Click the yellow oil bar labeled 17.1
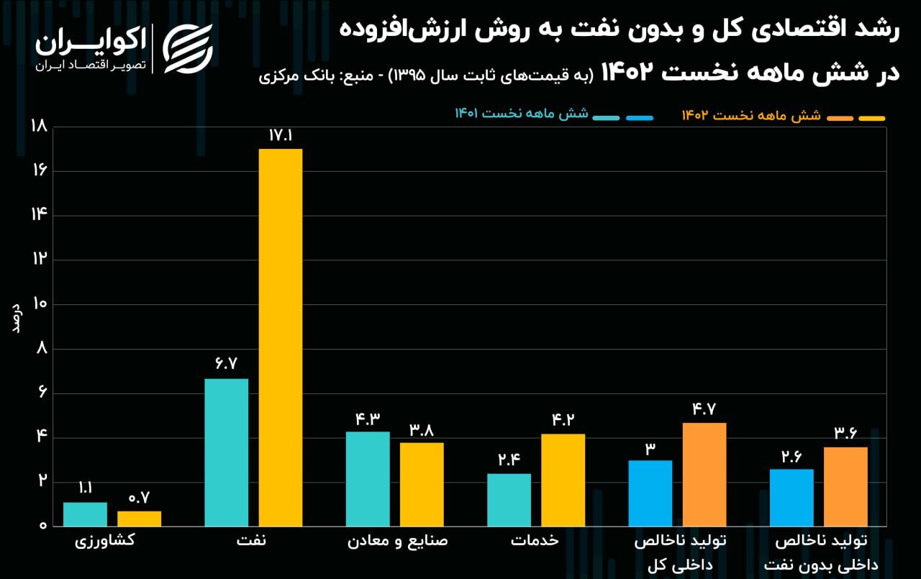click(x=281, y=337)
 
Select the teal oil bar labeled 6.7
click(x=227, y=452)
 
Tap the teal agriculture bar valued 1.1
click(x=85, y=514)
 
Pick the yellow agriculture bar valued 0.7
click(x=140, y=518)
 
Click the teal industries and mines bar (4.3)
click(x=368, y=478)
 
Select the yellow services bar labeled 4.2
click(x=563, y=479)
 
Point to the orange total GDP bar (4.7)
click(x=704, y=474)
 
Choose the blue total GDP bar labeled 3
click(x=650, y=493)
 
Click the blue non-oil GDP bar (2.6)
click(x=791, y=497)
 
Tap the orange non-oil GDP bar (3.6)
click(x=845, y=486)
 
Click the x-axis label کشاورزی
click(x=105, y=541)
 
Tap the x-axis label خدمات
click(x=535, y=541)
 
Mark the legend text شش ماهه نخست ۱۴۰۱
click(x=522, y=114)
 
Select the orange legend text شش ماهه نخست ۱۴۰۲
click(x=751, y=115)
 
